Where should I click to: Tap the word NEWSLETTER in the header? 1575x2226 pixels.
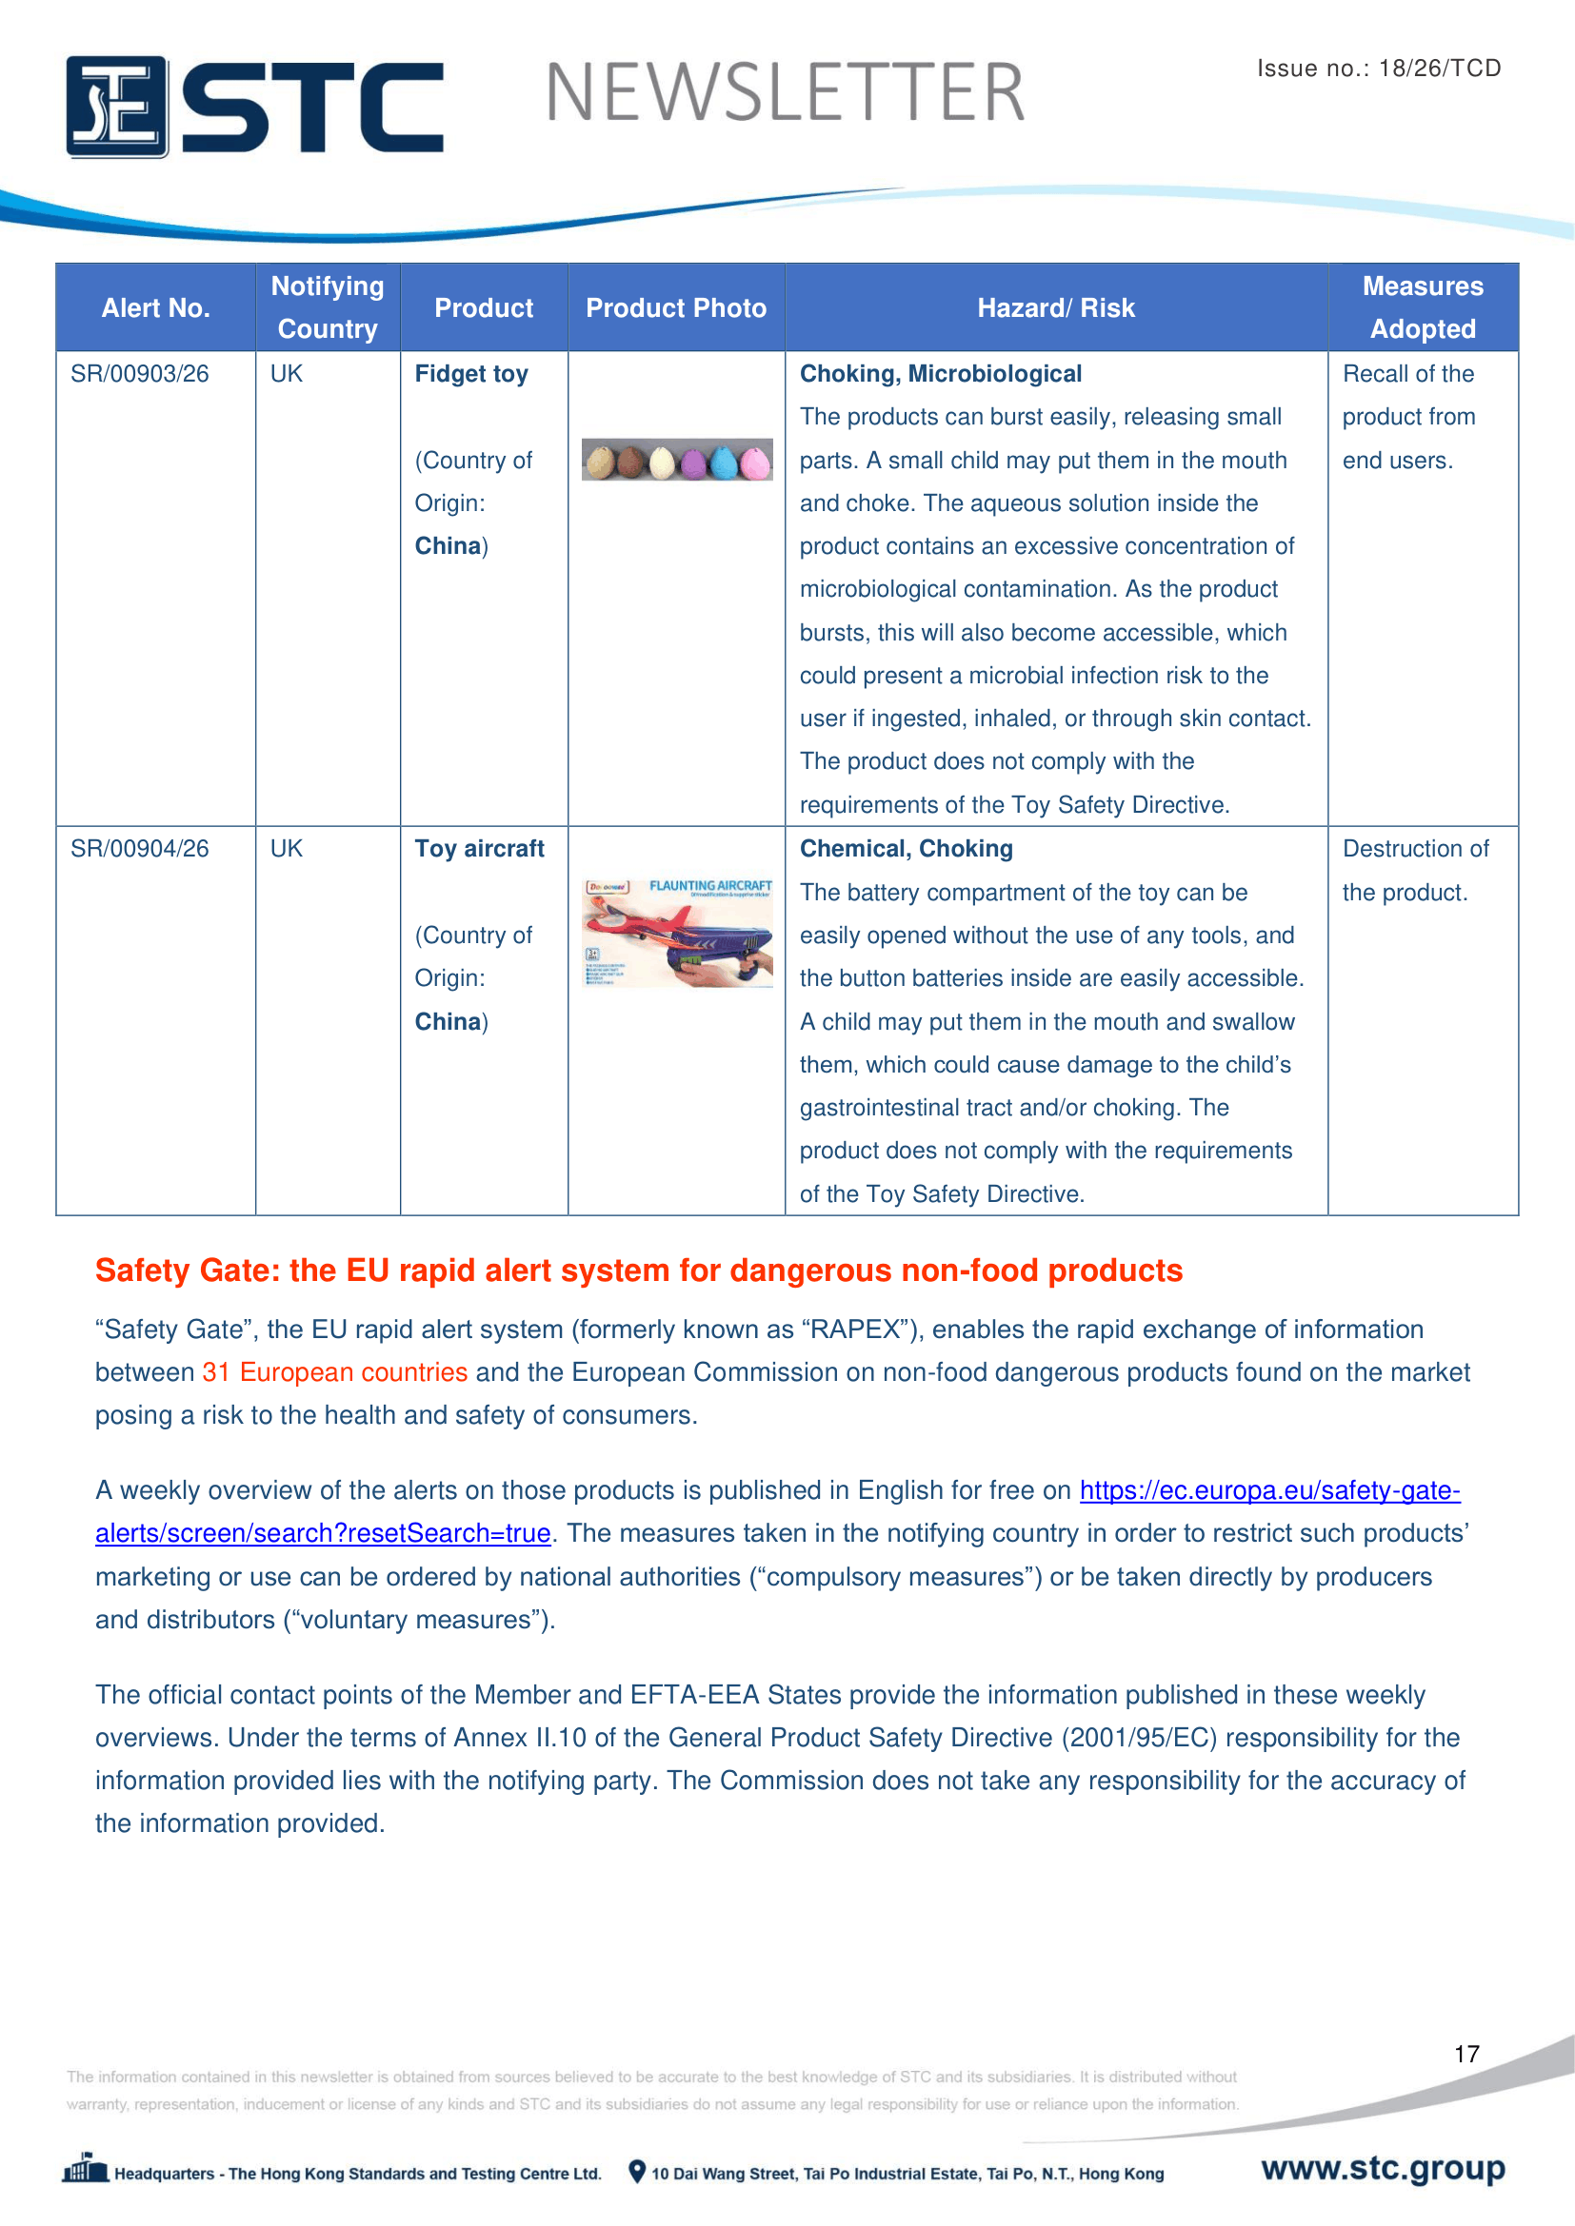coord(785,93)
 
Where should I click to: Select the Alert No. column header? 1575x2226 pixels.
coord(155,308)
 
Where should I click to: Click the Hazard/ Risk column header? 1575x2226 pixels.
coord(1055,308)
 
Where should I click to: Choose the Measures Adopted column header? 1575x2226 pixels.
coord(1422,307)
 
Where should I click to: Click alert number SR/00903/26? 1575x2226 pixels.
coord(140,374)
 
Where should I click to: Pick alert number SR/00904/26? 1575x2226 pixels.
coord(140,849)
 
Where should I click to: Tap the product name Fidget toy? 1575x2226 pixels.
coord(471,374)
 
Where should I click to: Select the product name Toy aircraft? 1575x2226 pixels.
coord(479,849)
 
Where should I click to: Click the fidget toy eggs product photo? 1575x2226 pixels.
coord(677,460)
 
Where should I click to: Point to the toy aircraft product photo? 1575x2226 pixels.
coord(677,933)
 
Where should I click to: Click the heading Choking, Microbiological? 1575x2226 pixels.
coord(940,374)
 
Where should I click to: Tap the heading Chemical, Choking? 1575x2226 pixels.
coord(906,849)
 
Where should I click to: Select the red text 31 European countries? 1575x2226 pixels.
coord(334,1373)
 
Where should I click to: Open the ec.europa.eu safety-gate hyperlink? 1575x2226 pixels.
coord(1269,1490)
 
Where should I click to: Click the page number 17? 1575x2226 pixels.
coord(1466,2054)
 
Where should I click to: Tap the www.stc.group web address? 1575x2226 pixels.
coord(1383,2168)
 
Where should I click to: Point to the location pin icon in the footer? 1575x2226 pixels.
coord(637,2172)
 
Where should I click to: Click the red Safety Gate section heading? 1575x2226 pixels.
coord(638,1271)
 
